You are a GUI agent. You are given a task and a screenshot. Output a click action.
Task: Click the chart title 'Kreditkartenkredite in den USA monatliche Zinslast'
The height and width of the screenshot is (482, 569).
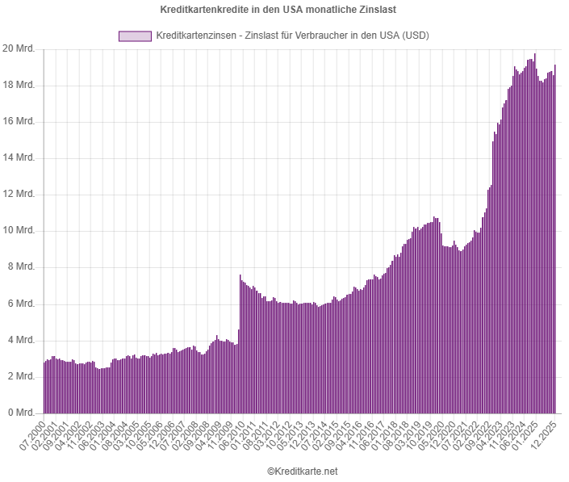point(284,9)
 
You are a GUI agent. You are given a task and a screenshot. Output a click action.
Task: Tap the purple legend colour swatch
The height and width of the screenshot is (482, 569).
point(134,36)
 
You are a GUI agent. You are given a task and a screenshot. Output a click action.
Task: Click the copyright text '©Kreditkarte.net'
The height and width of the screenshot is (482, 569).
point(302,471)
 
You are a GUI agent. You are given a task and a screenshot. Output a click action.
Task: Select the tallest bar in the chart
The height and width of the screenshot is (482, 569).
point(534,234)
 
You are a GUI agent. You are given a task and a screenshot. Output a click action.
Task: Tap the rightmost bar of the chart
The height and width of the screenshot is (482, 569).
point(555,242)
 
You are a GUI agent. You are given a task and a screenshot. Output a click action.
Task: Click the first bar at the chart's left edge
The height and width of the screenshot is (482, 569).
point(44,388)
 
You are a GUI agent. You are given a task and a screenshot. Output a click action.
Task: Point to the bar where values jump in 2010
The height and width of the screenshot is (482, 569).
point(240,347)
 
